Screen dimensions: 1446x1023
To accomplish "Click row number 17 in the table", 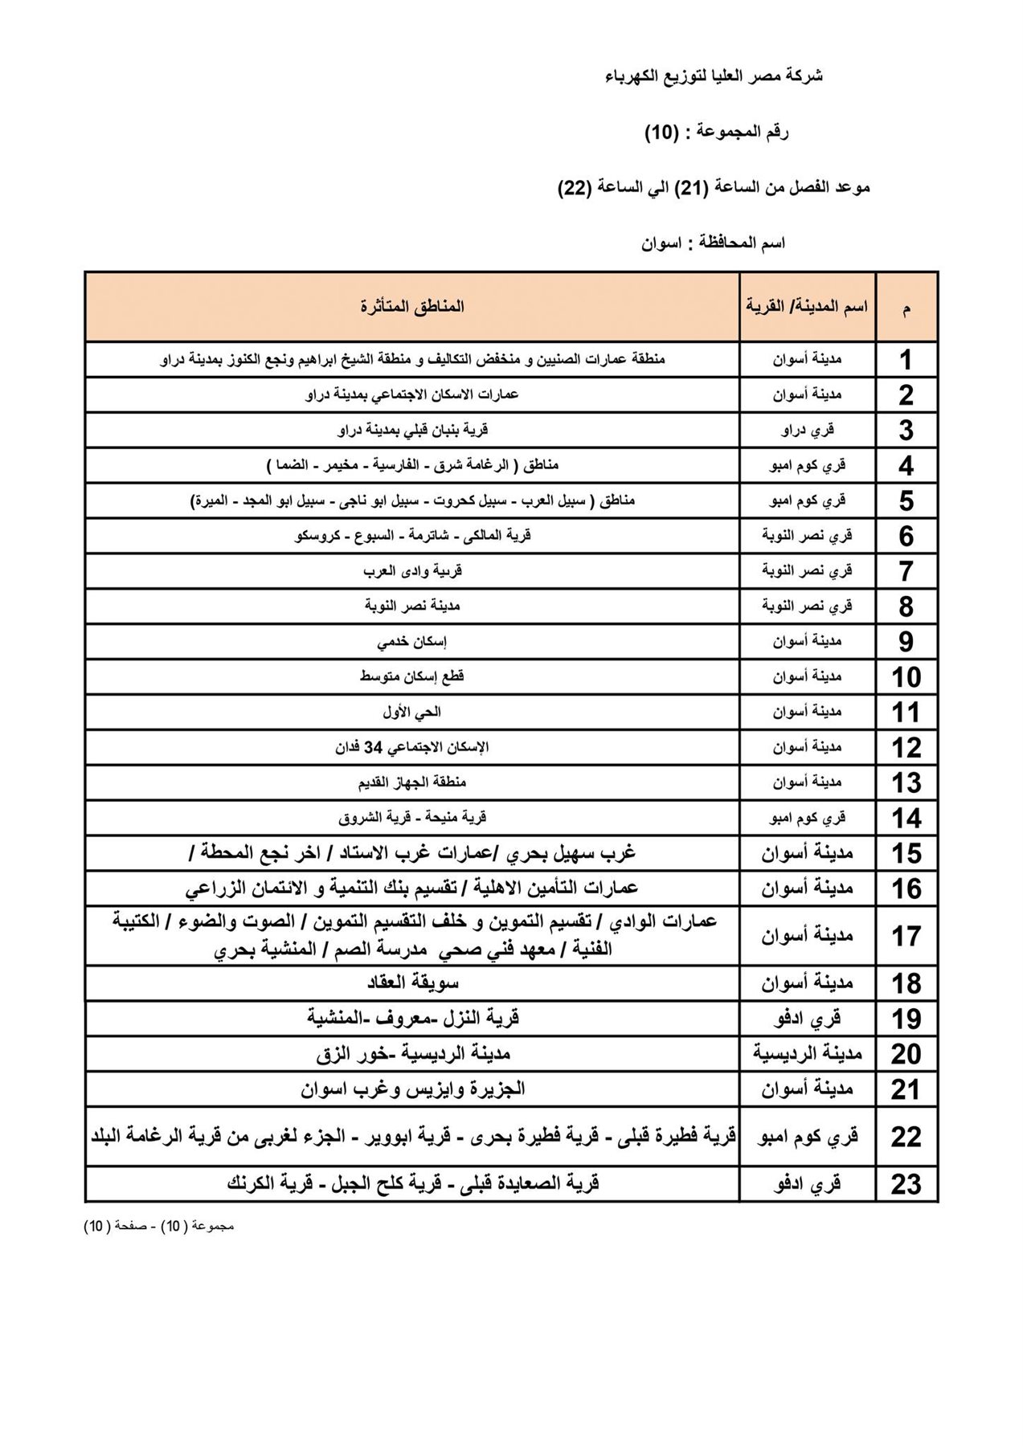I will coord(906,937).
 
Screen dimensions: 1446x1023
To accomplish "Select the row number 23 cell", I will coord(906,1185).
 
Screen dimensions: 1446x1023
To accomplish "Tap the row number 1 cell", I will coord(906,360).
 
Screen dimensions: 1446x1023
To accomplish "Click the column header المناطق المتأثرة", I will coord(412,307).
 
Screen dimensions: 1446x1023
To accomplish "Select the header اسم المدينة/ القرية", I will coord(807,307).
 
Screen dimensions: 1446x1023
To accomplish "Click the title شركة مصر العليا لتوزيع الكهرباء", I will coord(714,76).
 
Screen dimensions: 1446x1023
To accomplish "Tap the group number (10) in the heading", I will coord(663,132).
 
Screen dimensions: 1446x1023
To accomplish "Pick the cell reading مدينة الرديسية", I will coord(807,1054).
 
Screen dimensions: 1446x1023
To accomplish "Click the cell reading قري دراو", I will coord(807,430).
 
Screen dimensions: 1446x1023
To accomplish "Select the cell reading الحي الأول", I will coord(412,712).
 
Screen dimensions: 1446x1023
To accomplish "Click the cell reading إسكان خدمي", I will coord(412,642).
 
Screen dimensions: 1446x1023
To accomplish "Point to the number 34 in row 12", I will coord(374,747).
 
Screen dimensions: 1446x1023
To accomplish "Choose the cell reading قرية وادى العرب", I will coord(412,571).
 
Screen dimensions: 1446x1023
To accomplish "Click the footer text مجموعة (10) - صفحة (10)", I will coord(158,1227).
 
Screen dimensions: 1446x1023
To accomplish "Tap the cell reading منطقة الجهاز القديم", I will coord(412,782).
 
